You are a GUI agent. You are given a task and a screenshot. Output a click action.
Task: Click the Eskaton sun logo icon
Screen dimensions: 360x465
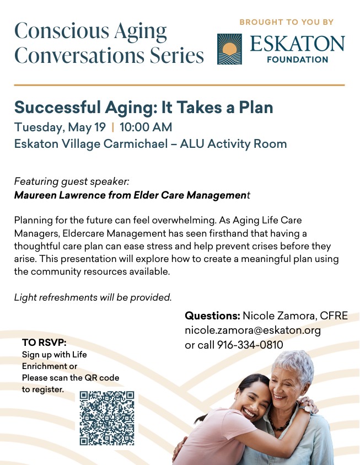tap(229, 49)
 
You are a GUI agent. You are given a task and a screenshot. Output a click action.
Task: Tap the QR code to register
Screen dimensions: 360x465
tap(107, 418)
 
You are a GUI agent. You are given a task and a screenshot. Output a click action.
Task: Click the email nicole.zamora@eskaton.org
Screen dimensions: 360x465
tap(252, 330)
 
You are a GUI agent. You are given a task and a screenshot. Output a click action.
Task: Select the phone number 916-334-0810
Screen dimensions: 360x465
tap(250, 345)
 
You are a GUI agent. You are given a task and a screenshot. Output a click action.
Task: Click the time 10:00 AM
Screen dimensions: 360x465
tap(146, 127)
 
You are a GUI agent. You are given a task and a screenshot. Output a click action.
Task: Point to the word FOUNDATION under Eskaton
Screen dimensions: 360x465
tap(298, 60)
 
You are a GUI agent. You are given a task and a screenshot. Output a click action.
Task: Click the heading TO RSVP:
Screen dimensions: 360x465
tap(44, 343)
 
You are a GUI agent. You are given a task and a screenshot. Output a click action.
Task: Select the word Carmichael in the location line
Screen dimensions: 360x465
tap(136, 144)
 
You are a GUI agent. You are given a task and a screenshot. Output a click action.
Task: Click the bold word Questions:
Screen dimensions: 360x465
tap(212, 316)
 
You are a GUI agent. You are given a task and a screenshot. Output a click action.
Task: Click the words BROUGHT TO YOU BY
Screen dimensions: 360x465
tap(287, 22)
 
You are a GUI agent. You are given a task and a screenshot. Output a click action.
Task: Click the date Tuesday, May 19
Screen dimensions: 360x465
tap(60, 127)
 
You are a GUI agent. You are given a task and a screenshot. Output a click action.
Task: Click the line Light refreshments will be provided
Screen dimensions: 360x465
tap(93, 297)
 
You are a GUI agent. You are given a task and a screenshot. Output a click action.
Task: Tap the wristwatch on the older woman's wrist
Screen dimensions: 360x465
tap(307, 408)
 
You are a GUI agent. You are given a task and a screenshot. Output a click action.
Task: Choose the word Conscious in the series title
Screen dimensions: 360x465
tap(62, 31)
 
